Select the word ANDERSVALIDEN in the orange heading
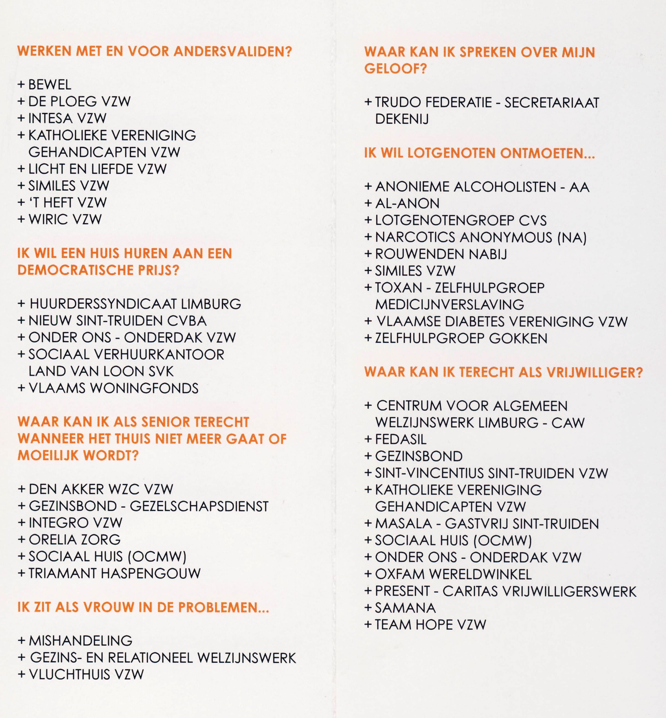coord(233,51)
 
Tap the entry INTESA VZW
coord(67,118)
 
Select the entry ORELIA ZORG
coord(75,539)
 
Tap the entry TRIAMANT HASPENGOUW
coord(115,573)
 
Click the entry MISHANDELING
coord(80,641)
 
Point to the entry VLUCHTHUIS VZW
coord(86,674)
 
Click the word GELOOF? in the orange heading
coord(395,68)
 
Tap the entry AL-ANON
coord(407,204)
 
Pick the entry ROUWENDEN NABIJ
coord(441,254)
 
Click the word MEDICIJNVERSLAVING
coord(450,305)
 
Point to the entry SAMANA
coord(405,608)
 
